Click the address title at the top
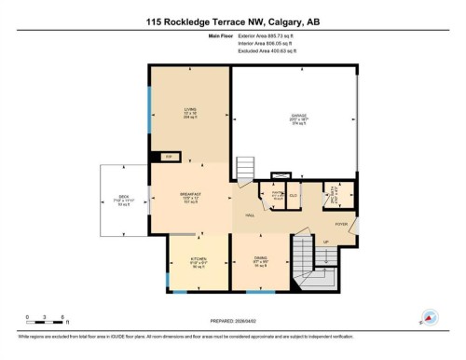click(x=232, y=21)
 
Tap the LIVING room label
click(x=189, y=109)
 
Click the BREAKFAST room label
click(x=191, y=195)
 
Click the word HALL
click(x=250, y=216)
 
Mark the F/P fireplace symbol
click(x=169, y=156)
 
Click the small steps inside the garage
click(x=246, y=169)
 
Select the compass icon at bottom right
click(x=430, y=317)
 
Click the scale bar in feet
click(x=44, y=321)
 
